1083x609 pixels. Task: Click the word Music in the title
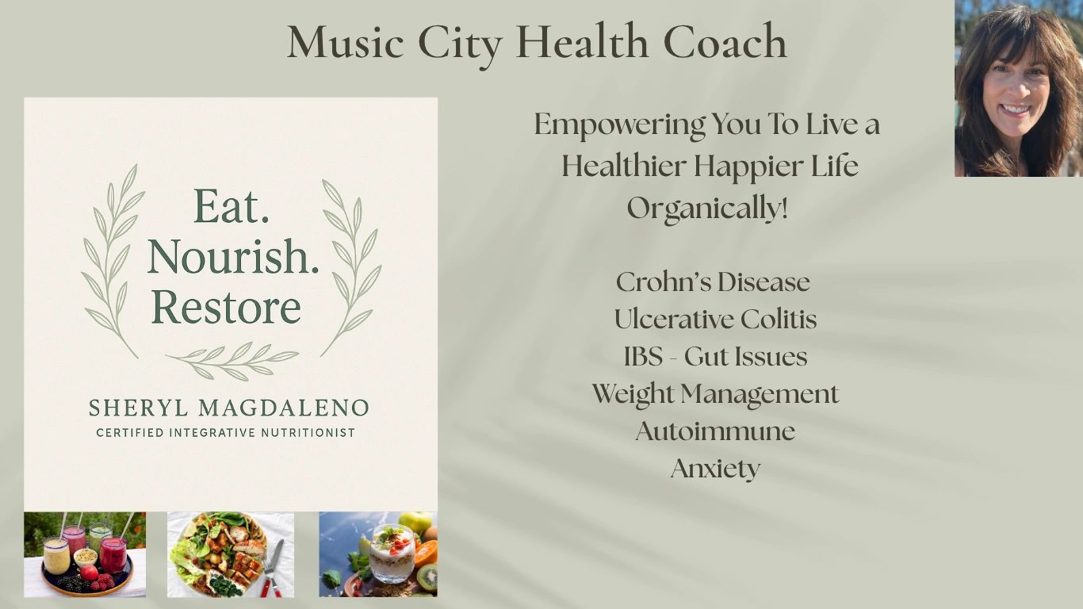(345, 41)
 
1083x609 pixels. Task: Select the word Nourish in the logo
(233, 256)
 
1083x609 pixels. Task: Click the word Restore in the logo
(226, 307)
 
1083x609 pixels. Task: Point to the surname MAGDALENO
(285, 408)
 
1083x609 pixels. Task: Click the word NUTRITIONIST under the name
(308, 432)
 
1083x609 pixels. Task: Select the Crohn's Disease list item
(713, 282)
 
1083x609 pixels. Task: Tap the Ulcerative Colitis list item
(716, 320)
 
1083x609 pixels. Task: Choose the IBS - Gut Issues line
(716, 357)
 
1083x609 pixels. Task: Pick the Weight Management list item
(716, 394)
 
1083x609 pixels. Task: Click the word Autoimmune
(716, 431)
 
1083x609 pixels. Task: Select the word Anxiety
(716, 469)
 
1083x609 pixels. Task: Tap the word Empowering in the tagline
(620, 124)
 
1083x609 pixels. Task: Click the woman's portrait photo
(1019, 89)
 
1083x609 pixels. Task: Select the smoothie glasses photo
(85, 554)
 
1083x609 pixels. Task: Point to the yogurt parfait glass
(392, 553)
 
